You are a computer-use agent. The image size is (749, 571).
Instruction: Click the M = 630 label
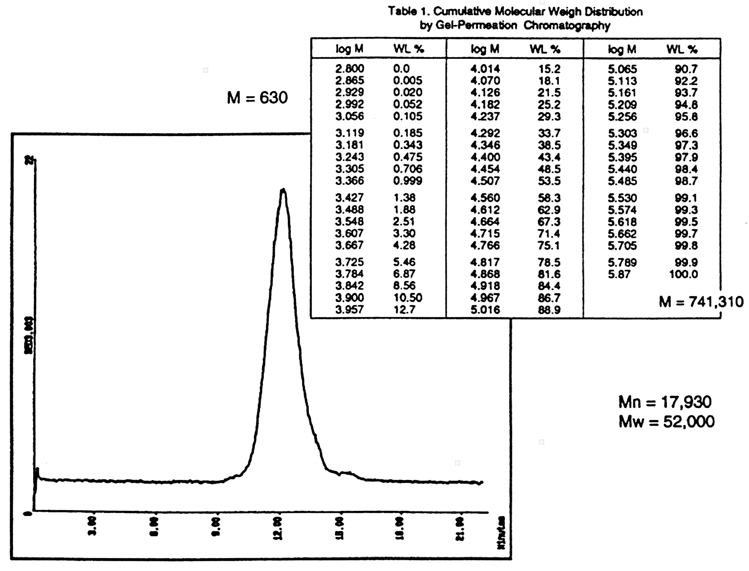click(x=257, y=98)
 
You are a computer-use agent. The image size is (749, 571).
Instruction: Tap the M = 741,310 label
click(x=701, y=302)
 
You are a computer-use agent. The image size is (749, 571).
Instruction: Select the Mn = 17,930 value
click(x=665, y=402)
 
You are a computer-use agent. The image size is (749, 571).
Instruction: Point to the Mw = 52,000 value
click(x=666, y=422)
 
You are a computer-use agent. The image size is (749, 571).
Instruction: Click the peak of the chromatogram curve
click(x=283, y=190)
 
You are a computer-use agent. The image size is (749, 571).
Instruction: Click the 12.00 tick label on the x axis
click(x=278, y=528)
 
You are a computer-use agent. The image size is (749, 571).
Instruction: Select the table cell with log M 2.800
click(x=350, y=69)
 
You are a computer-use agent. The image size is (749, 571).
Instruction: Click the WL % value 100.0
click(x=683, y=274)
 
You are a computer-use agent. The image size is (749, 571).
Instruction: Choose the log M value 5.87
click(x=619, y=274)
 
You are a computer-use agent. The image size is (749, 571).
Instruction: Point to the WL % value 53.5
click(x=549, y=181)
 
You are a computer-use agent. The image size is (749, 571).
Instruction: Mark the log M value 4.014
click(x=485, y=69)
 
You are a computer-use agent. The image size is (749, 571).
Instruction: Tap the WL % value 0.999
click(x=407, y=181)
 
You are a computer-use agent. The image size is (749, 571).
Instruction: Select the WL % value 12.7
click(x=404, y=310)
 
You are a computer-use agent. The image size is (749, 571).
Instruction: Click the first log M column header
click(x=349, y=49)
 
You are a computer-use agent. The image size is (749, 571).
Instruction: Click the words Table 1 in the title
click(x=408, y=12)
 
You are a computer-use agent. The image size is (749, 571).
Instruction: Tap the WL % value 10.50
click(x=407, y=298)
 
